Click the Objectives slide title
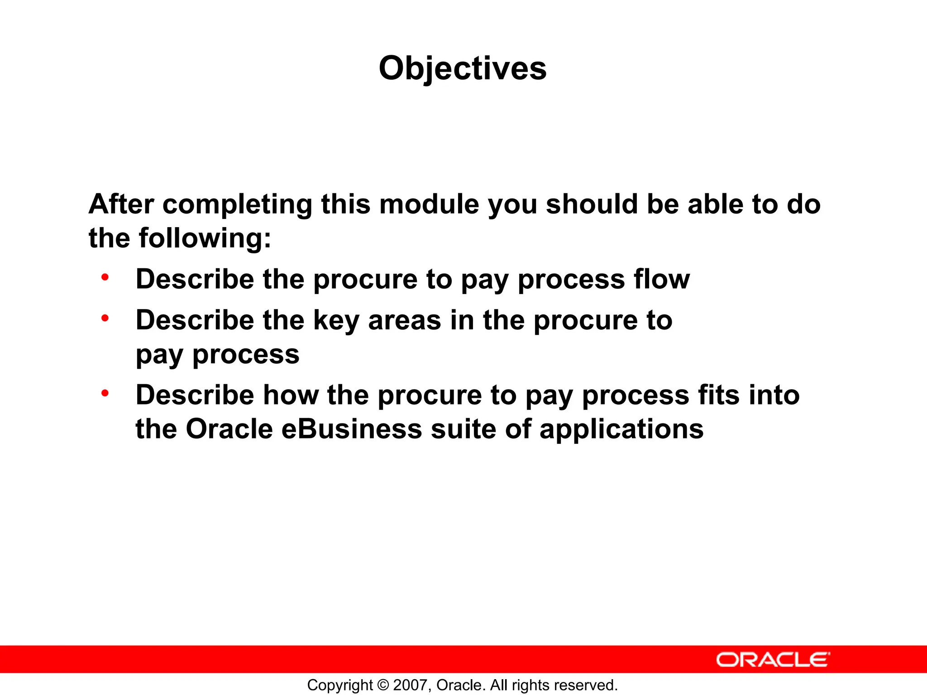coord(463,69)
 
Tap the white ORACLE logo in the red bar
coord(773,660)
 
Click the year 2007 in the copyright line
coord(409,685)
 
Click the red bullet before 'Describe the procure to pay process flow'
coord(105,277)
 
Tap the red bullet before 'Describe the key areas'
coord(105,318)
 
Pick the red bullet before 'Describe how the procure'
coord(105,393)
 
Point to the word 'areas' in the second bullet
coord(404,320)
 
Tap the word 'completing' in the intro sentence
coord(237,205)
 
